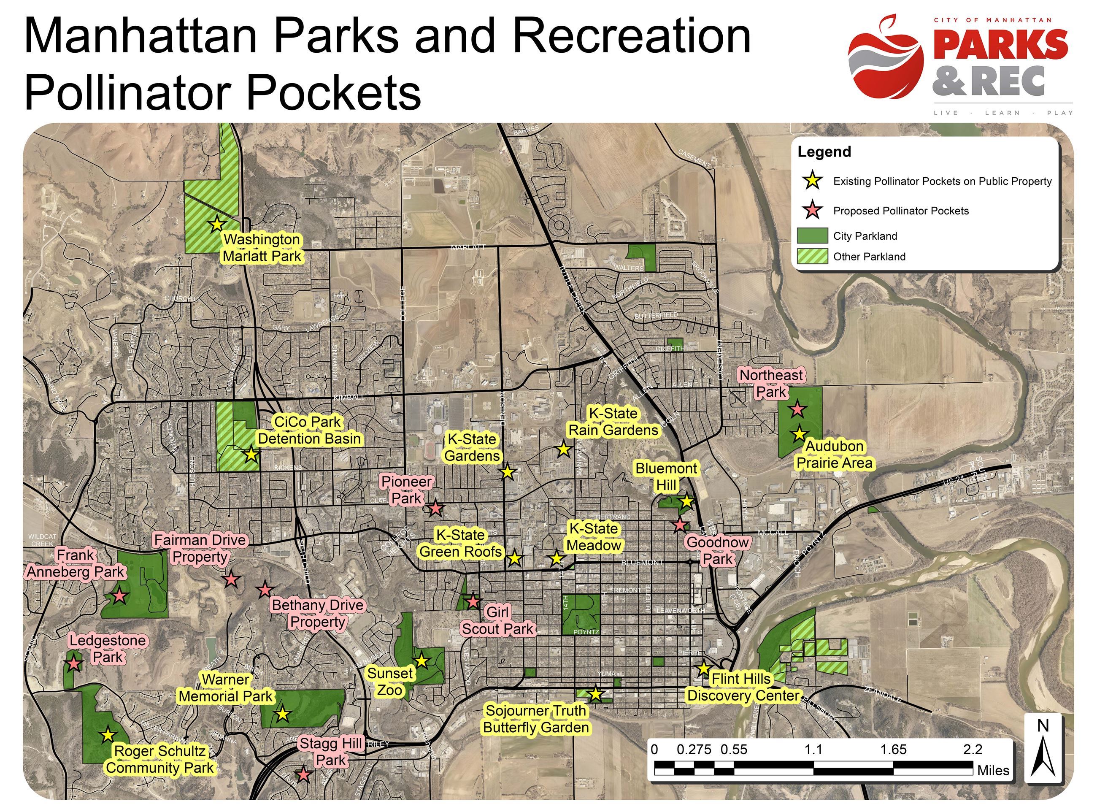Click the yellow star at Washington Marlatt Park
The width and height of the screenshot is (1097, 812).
(x=216, y=224)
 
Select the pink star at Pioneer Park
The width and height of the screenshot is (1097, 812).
(x=435, y=508)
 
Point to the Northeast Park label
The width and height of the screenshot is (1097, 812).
(x=771, y=383)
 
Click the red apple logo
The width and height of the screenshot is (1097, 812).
(x=886, y=58)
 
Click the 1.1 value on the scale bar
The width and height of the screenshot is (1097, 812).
(x=813, y=749)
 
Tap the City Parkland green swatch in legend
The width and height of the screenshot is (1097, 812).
(x=812, y=236)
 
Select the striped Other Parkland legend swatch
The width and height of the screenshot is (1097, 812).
(x=812, y=257)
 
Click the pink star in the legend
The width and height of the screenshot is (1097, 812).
(x=813, y=210)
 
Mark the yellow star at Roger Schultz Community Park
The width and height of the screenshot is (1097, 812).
(x=108, y=735)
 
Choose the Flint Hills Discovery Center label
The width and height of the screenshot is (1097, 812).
(x=743, y=687)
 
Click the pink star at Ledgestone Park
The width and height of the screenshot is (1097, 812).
(x=74, y=664)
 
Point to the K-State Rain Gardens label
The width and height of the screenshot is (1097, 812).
(x=613, y=422)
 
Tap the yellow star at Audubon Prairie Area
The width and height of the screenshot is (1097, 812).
(x=799, y=434)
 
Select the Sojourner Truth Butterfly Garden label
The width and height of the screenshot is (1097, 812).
(x=536, y=719)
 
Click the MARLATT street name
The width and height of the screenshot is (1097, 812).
(x=467, y=247)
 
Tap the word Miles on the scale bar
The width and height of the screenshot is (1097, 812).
(x=993, y=770)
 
